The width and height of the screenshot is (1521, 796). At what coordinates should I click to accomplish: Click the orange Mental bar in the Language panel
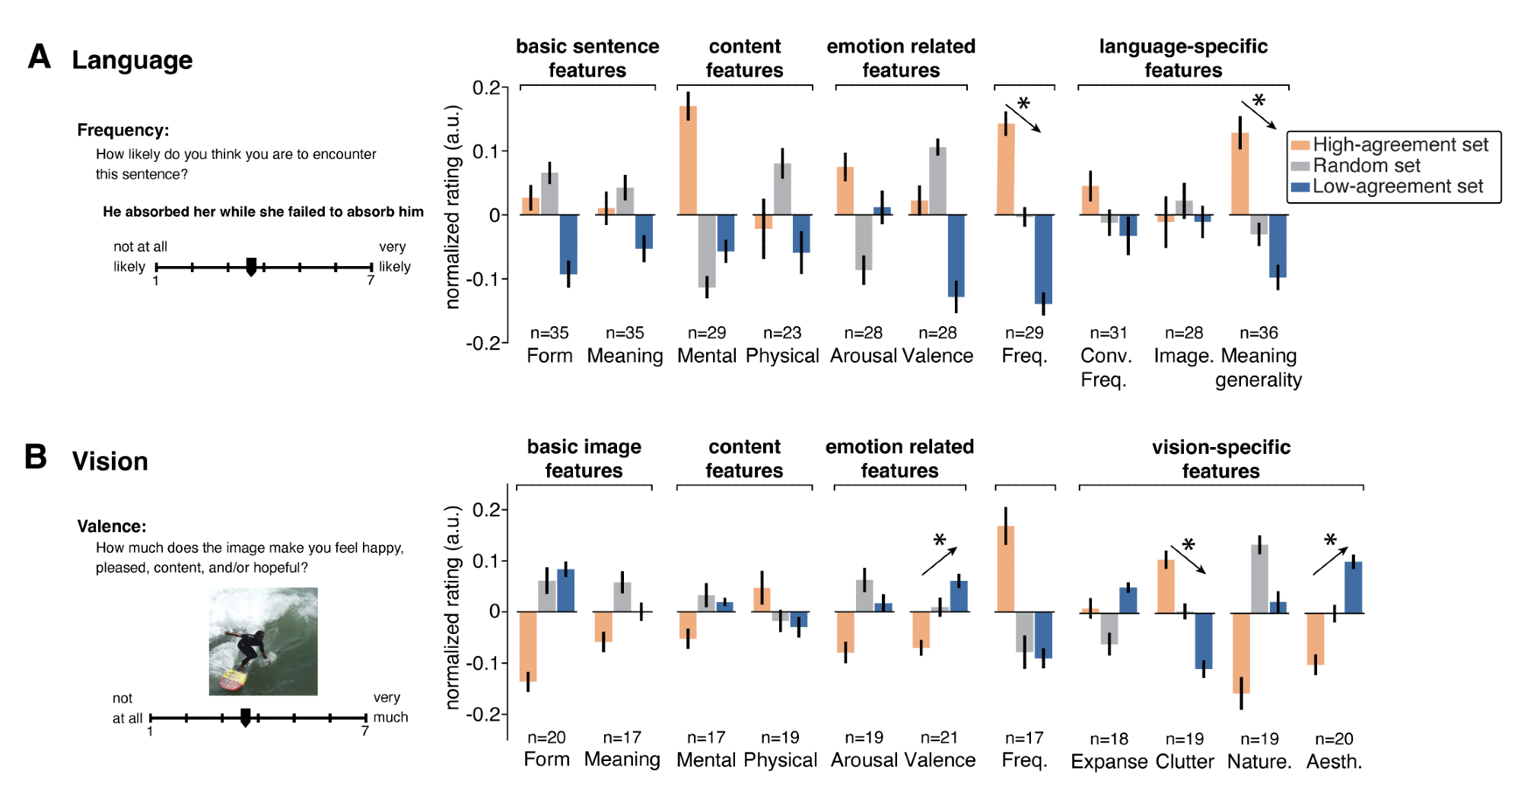[x=688, y=160]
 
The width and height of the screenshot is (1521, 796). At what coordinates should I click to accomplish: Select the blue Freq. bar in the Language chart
[x=1043, y=259]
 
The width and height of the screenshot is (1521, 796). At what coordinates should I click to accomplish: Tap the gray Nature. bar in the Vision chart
[x=1259, y=579]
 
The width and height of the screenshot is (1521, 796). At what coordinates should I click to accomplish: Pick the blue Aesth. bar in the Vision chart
[x=1353, y=587]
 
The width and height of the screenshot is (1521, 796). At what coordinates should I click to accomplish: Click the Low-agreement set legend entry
[x=1397, y=187]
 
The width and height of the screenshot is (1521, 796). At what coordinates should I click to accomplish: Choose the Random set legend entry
[x=1366, y=166]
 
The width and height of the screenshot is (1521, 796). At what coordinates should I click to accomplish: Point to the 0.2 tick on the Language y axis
[x=487, y=87]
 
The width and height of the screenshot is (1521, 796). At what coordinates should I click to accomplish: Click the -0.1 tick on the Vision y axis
[x=487, y=663]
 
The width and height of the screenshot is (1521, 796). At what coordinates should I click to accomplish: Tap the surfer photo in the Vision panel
[x=263, y=641]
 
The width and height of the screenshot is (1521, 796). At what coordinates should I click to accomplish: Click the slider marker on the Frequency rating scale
[x=251, y=266]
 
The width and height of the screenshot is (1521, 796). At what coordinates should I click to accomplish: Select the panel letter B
[x=36, y=457]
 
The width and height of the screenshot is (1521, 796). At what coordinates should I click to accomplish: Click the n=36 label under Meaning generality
[x=1258, y=333]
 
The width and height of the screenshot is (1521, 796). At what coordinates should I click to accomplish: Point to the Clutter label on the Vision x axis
[x=1185, y=761]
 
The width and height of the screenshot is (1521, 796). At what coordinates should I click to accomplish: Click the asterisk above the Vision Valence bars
[x=940, y=541]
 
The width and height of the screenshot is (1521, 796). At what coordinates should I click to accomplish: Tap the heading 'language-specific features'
[x=1183, y=58]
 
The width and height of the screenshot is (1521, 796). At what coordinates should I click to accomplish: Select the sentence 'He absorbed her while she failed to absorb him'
[x=263, y=211]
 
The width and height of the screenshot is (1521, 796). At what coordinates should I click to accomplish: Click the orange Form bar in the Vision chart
[x=528, y=646]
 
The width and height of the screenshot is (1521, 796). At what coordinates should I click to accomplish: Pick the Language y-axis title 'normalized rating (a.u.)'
[x=453, y=207]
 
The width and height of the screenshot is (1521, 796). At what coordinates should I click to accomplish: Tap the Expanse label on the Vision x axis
[x=1109, y=761]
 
